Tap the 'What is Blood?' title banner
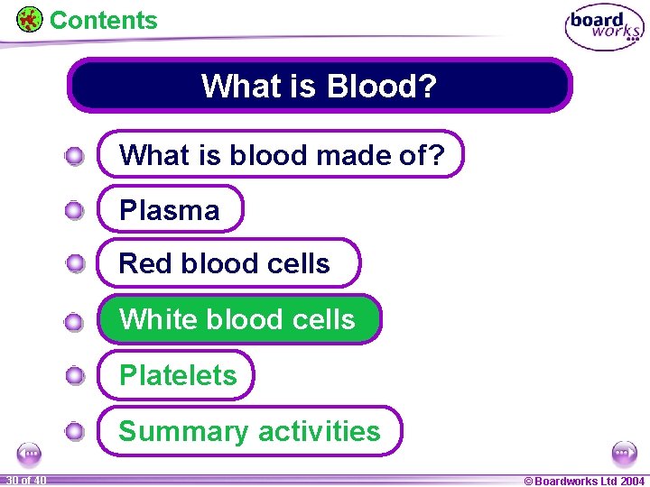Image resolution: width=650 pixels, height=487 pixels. click(x=320, y=87)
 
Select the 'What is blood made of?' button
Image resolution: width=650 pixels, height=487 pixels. click(x=281, y=155)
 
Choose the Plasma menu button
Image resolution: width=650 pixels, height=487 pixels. click(x=171, y=210)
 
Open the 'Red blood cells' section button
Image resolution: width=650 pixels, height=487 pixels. click(x=227, y=263)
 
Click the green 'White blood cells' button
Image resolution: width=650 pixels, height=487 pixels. click(x=239, y=320)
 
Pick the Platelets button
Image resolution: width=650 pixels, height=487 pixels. click(x=177, y=375)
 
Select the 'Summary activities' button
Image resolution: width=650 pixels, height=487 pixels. click(x=250, y=431)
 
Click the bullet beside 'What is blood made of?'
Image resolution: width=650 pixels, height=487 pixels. click(x=75, y=157)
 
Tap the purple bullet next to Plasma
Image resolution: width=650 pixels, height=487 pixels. click(x=75, y=211)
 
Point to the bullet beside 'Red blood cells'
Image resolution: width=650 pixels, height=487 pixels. click(x=75, y=264)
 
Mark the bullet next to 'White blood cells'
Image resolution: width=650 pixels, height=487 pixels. click(x=75, y=321)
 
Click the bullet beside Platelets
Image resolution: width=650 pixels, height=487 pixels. click(x=75, y=376)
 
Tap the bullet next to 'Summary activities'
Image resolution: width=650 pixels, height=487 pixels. click(x=75, y=432)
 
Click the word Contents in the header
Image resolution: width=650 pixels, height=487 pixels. click(x=103, y=20)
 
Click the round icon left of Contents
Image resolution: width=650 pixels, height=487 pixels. click(x=29, y=19)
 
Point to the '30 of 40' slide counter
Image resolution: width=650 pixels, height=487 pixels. click(x=24, y=480)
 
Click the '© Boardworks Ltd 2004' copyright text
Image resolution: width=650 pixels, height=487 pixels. click(x=584, y=481)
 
